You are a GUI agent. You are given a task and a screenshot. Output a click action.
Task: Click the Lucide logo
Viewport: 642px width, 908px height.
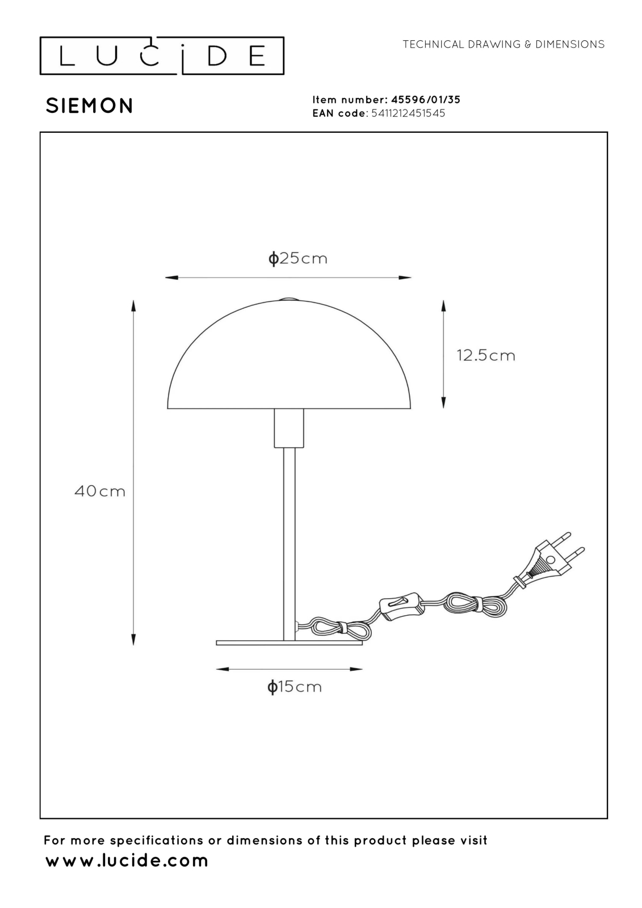[162, 56]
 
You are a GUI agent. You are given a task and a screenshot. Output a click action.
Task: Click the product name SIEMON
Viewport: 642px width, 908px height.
[90, 106]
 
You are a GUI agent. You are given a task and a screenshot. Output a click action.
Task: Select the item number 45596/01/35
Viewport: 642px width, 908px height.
[425, 100]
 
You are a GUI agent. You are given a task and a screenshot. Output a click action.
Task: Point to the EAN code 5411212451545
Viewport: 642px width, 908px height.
[408, 113]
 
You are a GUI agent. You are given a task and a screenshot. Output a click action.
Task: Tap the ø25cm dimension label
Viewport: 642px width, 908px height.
[297, 258]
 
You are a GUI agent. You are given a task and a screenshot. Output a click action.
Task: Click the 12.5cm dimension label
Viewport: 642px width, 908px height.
[486, 355]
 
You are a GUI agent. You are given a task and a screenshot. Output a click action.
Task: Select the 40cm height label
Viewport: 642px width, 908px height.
[100, 491]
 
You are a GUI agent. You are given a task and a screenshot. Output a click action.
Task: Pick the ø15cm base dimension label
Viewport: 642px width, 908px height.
[295, 687]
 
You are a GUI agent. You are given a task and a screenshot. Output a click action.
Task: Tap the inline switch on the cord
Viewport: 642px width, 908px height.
[399, 607]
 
